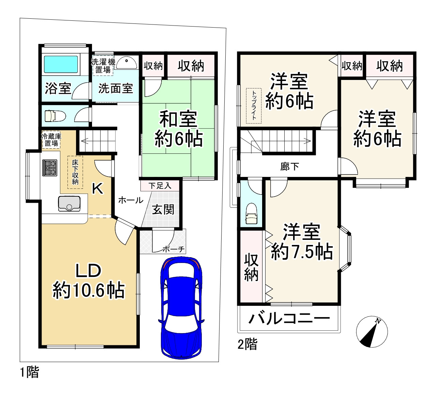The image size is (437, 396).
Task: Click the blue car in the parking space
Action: point(181,308)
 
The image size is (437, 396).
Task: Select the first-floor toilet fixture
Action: point(54,116)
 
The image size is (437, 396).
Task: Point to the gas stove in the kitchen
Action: point(50,168)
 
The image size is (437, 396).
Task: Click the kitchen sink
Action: point(70,204)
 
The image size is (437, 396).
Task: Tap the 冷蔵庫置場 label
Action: point(51,140)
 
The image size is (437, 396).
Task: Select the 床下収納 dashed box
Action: point(75,172)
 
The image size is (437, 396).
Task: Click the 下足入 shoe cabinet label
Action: point(160,186)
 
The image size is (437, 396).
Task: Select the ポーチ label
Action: point(174,249)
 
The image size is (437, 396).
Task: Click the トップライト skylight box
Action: point(254,106)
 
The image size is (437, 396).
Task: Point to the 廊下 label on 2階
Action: point(290,167)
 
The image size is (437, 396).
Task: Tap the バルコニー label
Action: point(289,319)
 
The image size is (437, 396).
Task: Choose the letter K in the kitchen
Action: point(98,188)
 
